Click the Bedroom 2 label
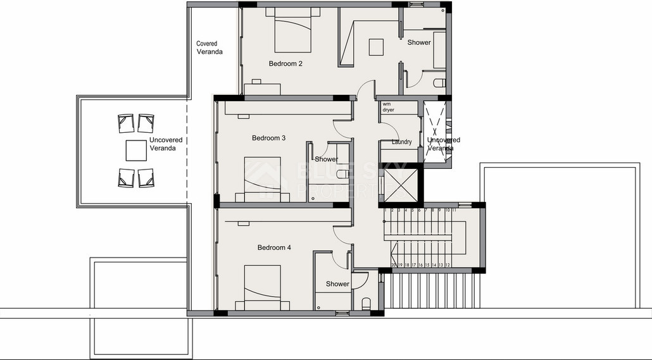tap(285, 63)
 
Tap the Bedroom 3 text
tap(268, 138)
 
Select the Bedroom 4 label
tap(274, 247)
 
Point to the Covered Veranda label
tap(209, 48)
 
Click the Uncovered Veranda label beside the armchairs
tap(166, 144)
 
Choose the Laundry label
tap(402, 142)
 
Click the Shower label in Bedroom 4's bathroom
tap(337, 284)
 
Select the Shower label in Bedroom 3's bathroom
tap(327, 159)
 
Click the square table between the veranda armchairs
tap(136, 151)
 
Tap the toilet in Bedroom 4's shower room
tap(366, 304)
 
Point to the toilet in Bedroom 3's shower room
tap(342, 173)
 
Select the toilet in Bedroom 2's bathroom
tap(440, 82)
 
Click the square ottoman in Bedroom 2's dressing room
tap(377, 47)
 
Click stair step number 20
tap(394, 264)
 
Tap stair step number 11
tap(454, 210)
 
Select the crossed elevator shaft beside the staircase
tap(399, 185)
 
